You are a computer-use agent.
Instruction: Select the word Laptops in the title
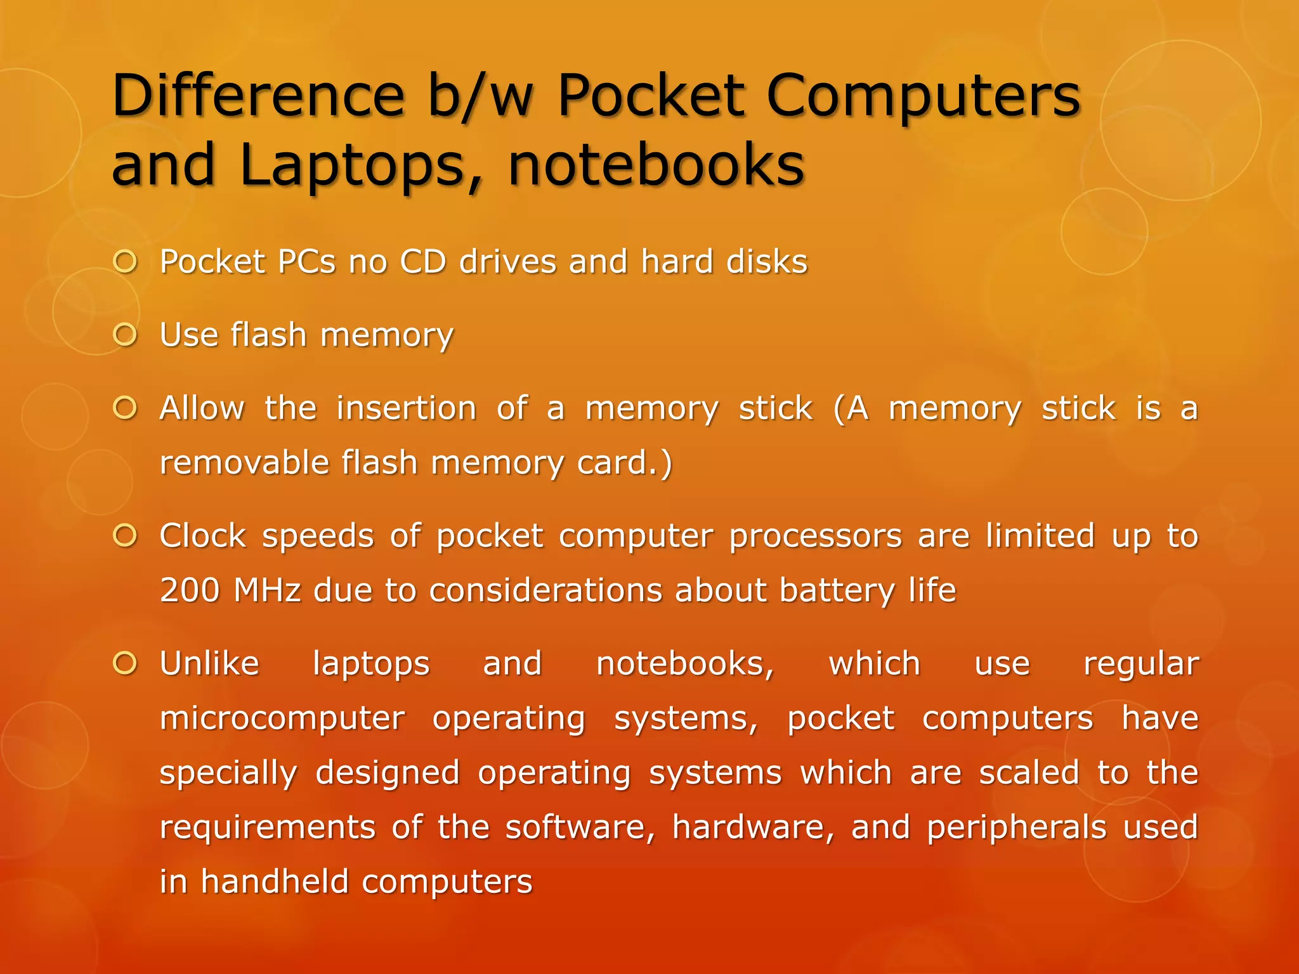[x=353, y=165]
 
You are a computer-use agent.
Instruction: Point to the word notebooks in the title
[x=656, y=165]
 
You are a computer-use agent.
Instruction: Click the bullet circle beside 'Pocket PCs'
[x=126, y=262]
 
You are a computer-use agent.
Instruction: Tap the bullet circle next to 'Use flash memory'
[x=126, y=335]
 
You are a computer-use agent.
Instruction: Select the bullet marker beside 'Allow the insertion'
[x=126, y=408]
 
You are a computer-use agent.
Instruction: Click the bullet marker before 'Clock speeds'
[x=126, y=536]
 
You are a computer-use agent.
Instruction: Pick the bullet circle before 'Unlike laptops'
[x=126, y=664]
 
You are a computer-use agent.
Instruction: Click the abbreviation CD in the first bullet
[x=423, y=262]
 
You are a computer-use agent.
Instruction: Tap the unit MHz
[x=267, y=590]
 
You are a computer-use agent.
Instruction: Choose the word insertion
[x=407, y=408]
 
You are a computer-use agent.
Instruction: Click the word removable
[x=244, y=462]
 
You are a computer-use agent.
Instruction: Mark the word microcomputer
[x=282, y=718]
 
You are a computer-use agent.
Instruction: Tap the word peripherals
[x=1017, y=828]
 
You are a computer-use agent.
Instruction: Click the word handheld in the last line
[x=273, y=882]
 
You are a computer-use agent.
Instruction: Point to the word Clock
[x=202, y=536]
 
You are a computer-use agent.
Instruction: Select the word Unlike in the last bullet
[x=209, y=664]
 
